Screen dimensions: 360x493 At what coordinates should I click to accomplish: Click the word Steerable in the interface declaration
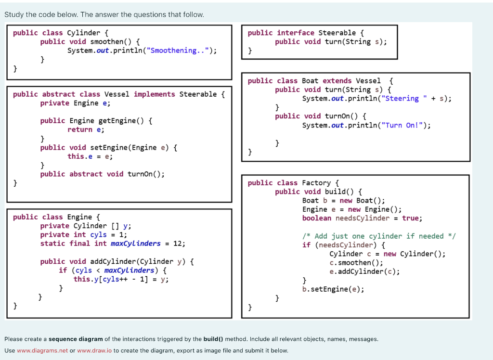(x=337, y=33)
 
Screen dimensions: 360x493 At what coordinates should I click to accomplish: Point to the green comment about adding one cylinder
(x=378, y=236)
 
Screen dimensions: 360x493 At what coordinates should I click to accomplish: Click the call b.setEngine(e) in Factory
(x=333, y=289)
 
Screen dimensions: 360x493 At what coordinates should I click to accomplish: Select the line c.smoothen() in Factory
(x=356, y=263)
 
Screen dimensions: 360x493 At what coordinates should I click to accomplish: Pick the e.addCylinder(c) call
(x=364, y=271)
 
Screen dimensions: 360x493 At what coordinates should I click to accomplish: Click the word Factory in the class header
(x=316, y=183)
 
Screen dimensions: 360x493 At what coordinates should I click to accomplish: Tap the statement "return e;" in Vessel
(x=86, y=129)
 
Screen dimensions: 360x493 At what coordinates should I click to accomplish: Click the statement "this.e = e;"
(x=90, y=156)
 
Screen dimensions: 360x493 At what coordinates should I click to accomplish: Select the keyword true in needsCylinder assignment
(x=411, y=218)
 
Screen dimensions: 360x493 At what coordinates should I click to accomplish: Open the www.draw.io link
(x=94, y=350)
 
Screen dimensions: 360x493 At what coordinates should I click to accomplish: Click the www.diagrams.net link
(x=42, y=350)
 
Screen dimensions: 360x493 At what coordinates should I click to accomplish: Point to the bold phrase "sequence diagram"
(x=76, y=339)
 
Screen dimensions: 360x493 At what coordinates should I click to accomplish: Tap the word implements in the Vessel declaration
(x=154, y=94)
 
